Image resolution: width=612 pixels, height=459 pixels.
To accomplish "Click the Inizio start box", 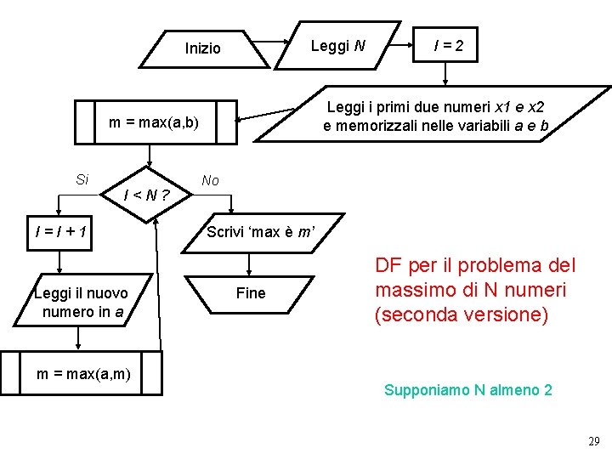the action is pyautogui.click(x=202, y=48).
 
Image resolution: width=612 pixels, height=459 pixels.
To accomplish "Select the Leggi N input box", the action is pyautogui.click(x=338, y=46).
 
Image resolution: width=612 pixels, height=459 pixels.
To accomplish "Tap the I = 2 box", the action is pyautogui.click(x=447, y=44).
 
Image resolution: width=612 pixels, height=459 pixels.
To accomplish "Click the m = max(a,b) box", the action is pyautogui.click(x=154, y=122).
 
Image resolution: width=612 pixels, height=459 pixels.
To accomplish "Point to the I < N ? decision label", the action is pyautogui.click(x=146, y=195).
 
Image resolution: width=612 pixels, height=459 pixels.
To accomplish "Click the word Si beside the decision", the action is pyautogui.click(x=82, y=179).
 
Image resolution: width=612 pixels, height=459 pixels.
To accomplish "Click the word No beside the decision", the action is pyautogui.click(x=211, y=180).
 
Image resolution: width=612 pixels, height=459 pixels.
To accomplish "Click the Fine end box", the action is pyautogui.click(x=251, y=293).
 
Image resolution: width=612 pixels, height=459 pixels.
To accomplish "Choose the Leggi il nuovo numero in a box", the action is pyautogui.click(x=82, y=303).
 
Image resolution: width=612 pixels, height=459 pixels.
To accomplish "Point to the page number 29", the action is pyautogui.click(x=593, y=441).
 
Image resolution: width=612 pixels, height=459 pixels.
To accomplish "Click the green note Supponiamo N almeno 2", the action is pyautogui.click(x=467, y=390).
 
